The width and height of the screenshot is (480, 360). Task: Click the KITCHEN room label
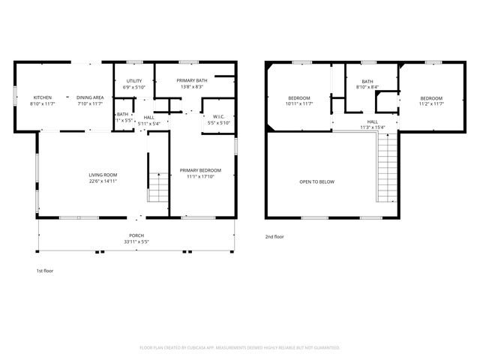click(x=42, y=97)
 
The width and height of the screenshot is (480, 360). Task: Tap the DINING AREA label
click(x=90, y=97)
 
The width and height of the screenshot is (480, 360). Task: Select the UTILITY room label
click(x=134, y=81)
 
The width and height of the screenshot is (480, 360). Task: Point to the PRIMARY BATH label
click(x=190, y=81)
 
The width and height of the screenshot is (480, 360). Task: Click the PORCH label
click(x=135, y=235)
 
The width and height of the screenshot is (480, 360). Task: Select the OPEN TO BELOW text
click(x=316, y=181)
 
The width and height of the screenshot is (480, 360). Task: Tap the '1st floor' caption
click(x=45, y=270)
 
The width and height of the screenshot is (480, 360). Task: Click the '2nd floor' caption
click(x=274, y=236)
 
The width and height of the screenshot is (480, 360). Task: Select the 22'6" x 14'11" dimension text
click(x=103, y=181)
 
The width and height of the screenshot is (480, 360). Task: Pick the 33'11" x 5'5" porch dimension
click(x=135, y=242)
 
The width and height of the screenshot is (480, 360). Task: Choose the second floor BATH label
click(x=367, y=82)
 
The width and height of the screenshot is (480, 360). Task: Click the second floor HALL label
click(x=372, y=121)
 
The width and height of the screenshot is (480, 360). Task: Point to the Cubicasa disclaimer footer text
click(x=240, y=347)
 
